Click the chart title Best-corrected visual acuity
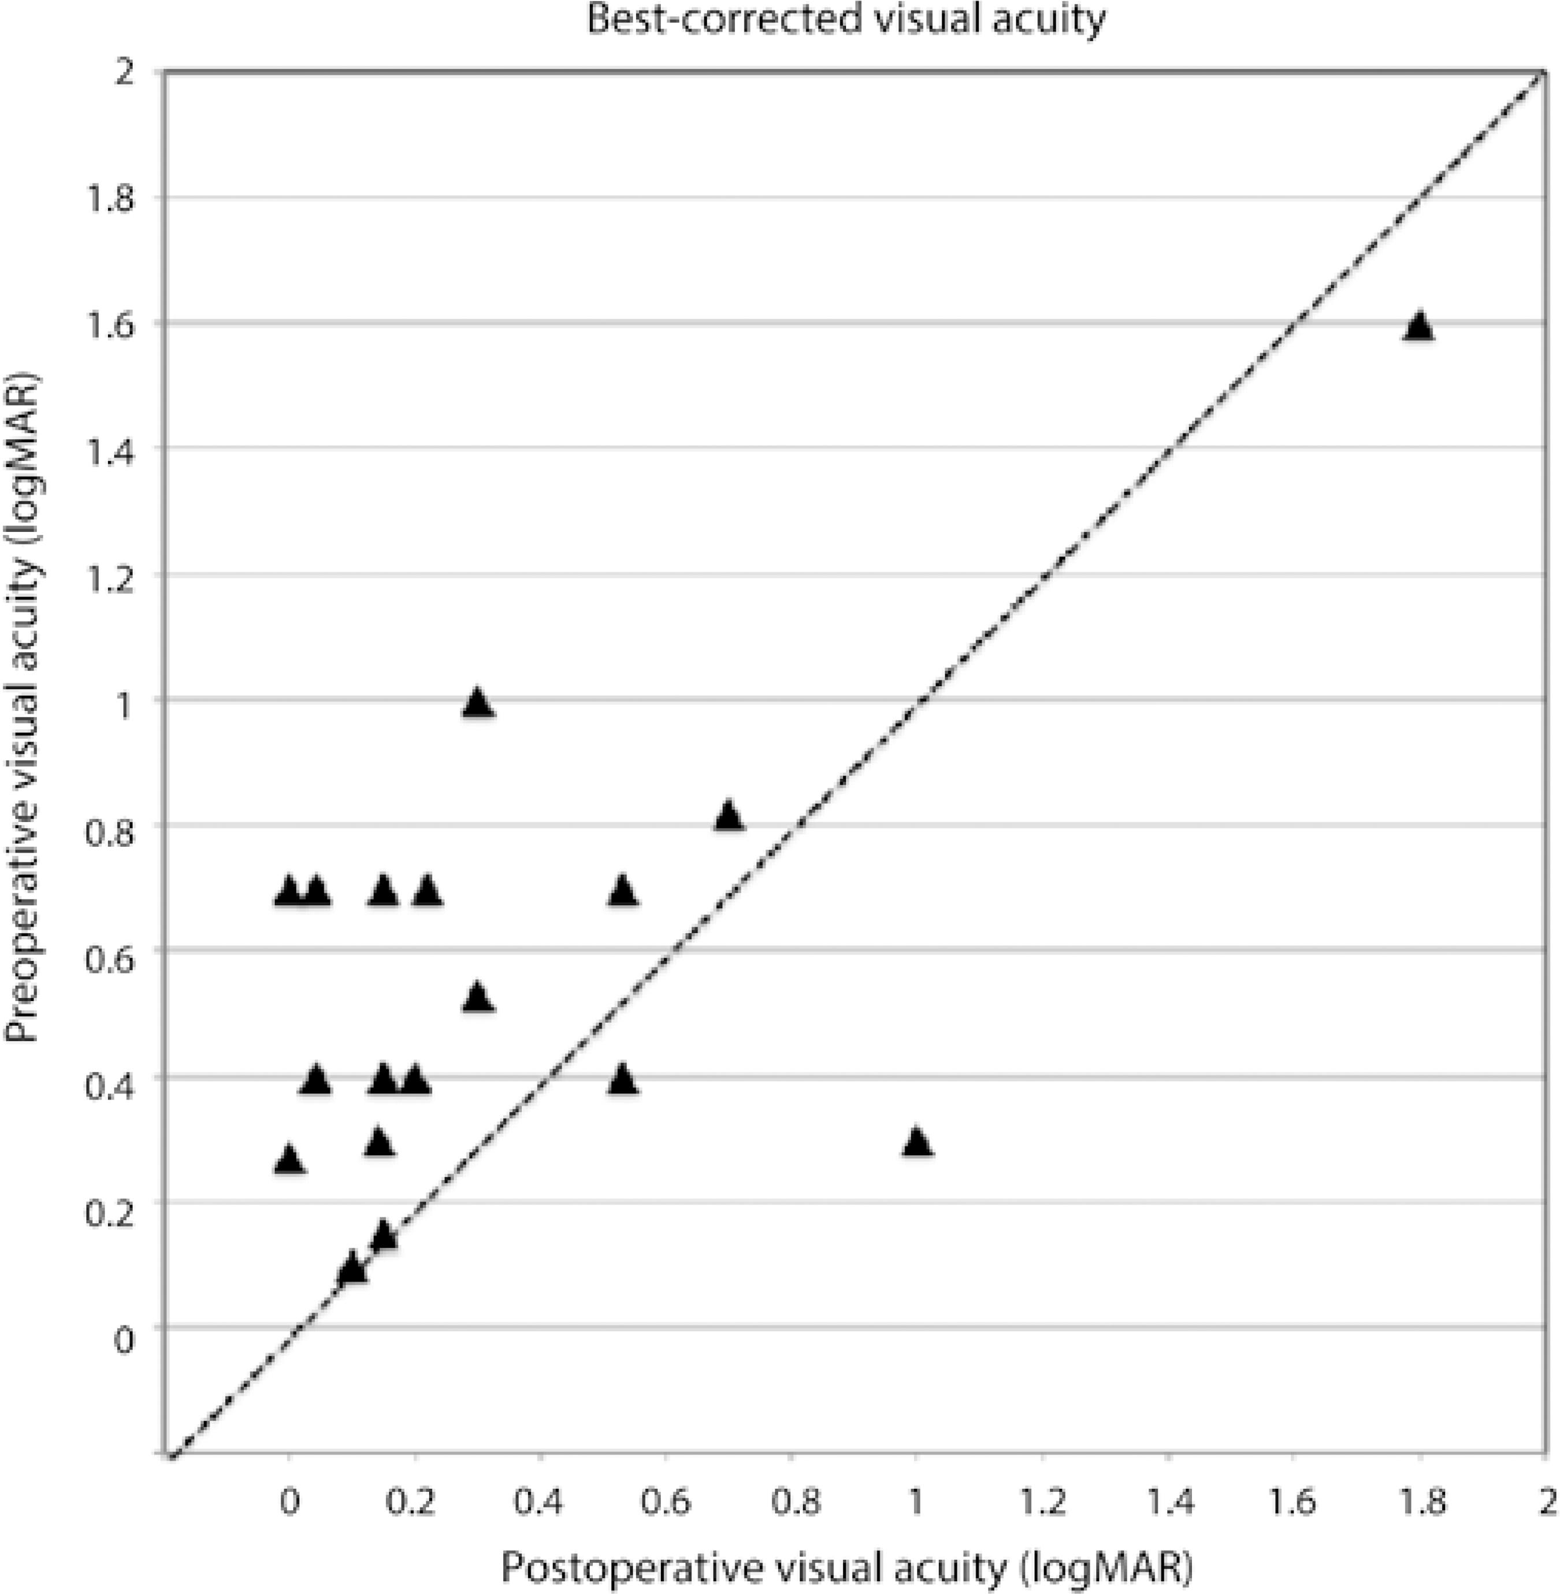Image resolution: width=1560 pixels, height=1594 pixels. (x=845, y=20)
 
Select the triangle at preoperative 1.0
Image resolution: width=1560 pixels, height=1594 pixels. (x=478, y=703)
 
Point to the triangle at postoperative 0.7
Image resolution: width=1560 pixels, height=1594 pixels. (x=729, y=816)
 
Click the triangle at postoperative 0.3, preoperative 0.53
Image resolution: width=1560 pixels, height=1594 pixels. (x=478, y=998)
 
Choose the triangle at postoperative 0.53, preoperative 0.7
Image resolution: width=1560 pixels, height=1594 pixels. (x=623, y=890)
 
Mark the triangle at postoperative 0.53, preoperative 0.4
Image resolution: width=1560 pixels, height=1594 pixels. (x=623, y=1079)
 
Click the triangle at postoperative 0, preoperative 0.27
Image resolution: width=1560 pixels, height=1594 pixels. (x=288, y=1159)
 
